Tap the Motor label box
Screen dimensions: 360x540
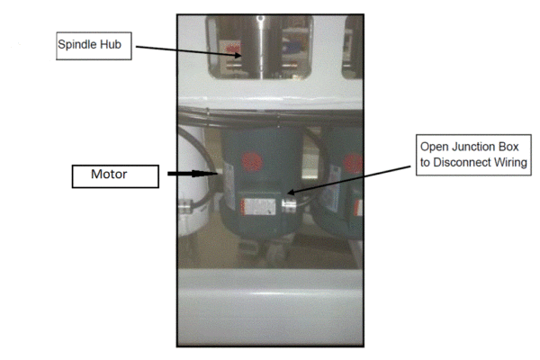pos(110,174)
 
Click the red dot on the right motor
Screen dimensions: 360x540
pos(352,162)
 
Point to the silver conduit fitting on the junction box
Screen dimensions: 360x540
pos(288,206)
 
